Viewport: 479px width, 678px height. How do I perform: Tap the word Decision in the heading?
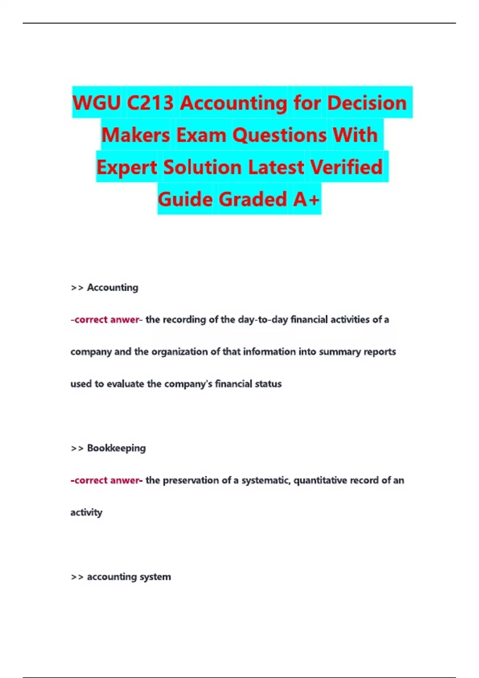pyautogui.click(x=367, y=103)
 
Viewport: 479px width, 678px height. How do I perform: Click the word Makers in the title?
pyautogui.click(x=136, y=135)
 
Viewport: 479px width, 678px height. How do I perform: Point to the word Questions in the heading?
pyautogui.click(x=279, y=135)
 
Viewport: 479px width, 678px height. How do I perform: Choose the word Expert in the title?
pyautogui.click(x=127, y=167)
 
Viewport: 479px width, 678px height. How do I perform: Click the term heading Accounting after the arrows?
pyautogui.click(x=113, y=288)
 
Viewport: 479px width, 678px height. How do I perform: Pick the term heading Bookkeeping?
pyautogui.click(x=116, y=448)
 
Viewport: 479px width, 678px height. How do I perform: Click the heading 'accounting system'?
pyautogui.click(x=129, y=577)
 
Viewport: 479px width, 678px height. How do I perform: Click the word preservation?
pyautogui.click(x=191, y=481)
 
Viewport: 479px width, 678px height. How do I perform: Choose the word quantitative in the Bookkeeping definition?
pyautogui.click(x=320, y=481)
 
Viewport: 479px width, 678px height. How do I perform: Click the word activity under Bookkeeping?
pyautogui.click(x=86, y=512)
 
